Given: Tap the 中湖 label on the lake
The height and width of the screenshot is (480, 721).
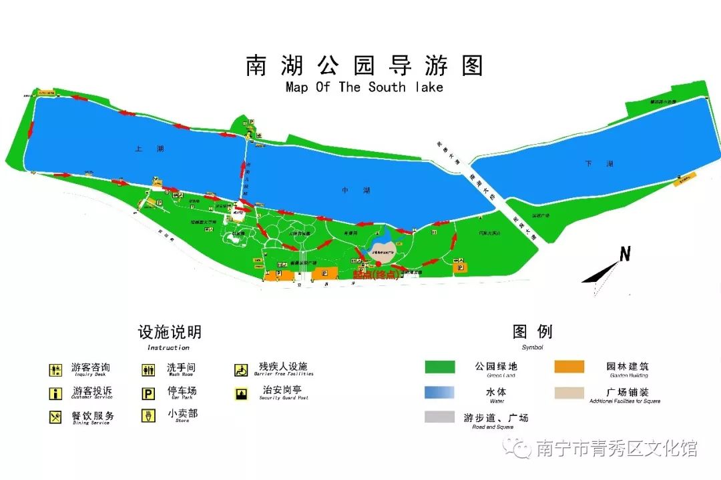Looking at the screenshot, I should tap(346, 191).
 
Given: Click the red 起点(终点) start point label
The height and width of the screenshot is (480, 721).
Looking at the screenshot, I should tap(375, 275).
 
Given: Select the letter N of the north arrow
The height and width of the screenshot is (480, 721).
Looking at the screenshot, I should tap(625, 254).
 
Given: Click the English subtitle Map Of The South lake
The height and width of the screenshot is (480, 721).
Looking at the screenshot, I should tap(364, 87).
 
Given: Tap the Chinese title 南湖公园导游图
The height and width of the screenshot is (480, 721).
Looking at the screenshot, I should tap(365, 66).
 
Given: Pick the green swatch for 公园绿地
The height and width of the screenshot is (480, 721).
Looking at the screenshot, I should tap(440, 367).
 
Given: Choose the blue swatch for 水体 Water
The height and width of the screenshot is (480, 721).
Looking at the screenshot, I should tap(440, 392).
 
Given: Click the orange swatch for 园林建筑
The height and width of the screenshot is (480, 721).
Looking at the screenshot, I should tap(569, 367).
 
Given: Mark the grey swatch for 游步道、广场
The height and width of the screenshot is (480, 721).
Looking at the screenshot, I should tap(440, 417).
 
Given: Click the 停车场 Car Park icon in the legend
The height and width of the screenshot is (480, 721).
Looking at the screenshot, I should tap(148, 393).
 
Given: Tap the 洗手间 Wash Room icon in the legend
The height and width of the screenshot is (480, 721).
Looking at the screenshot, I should tap(148, 370).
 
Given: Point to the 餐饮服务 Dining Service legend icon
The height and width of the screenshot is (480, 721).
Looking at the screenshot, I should tap(55, 417).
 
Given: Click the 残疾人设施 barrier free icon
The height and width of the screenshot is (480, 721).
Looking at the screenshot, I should tap(240, 370).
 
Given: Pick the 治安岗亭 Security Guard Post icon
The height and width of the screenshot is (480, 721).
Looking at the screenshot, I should tap(240, 393).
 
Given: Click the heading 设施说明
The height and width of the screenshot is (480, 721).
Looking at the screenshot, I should tap(170, 332).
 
